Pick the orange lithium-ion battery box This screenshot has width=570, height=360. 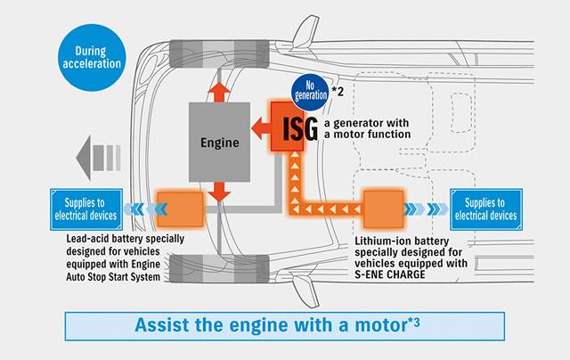tap(384, 210)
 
